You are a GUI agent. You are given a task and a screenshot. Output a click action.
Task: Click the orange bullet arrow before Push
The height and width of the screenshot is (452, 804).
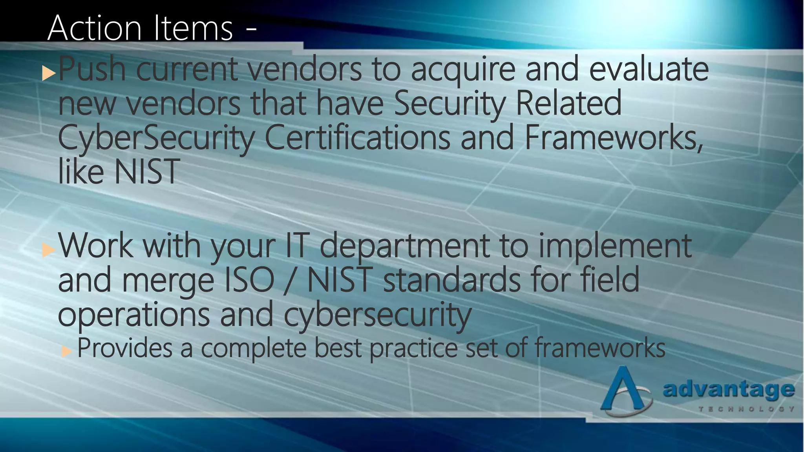pos(49,73)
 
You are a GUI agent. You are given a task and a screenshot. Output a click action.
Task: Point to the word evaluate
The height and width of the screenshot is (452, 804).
pos(649,69)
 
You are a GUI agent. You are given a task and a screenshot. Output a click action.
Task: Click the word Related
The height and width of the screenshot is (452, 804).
pos(569,103)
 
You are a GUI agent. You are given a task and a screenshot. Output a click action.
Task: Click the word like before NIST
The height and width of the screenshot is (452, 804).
pos(81,171)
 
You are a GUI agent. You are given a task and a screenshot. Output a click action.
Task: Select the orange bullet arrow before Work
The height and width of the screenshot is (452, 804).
pos(48,250)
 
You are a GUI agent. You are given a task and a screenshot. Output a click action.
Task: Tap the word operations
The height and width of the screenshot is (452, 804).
pos(134,314)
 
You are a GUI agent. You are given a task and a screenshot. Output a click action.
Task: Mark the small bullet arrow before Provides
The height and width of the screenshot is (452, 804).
pos(67,351)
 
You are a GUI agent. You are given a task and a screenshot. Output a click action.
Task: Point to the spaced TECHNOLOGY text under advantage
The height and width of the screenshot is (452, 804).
pos(746,409)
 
